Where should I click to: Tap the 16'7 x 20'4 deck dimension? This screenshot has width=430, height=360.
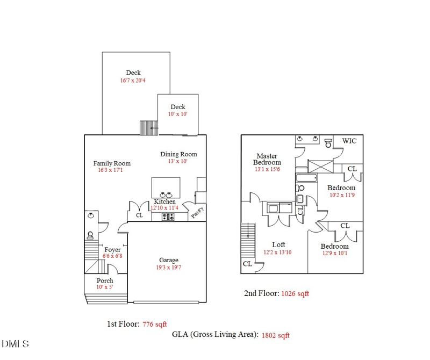(x=133, y=81)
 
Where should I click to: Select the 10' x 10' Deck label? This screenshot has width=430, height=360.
(x=177, y=107)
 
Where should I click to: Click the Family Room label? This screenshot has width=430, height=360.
(x=112, y=163)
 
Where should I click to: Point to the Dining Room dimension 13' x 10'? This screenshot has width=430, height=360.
(x=178, y=161)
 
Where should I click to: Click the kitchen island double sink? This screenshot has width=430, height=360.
(x=166, y=195)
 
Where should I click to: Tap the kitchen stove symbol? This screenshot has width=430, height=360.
(x=168, y=217)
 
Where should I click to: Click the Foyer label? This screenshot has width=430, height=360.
(x=112, y=250)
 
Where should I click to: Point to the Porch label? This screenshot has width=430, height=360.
(x=105, y=280)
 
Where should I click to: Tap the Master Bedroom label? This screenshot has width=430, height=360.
(x=267, y=159)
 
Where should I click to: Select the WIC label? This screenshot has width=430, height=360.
(x=349, y=141)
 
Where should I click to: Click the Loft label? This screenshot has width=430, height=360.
(x=278, y=244)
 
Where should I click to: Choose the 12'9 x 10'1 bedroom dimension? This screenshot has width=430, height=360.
(x=335, y=253)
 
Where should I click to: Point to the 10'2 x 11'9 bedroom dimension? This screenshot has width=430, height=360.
(x=342, y=195)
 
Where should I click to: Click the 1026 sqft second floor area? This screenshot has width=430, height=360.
(x=295, y=294)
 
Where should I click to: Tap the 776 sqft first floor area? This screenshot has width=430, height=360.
(x=155, y=324)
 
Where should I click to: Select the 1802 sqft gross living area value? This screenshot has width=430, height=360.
(x=275, y=335)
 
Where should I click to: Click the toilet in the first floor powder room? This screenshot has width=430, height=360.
(x=90, y=235)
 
